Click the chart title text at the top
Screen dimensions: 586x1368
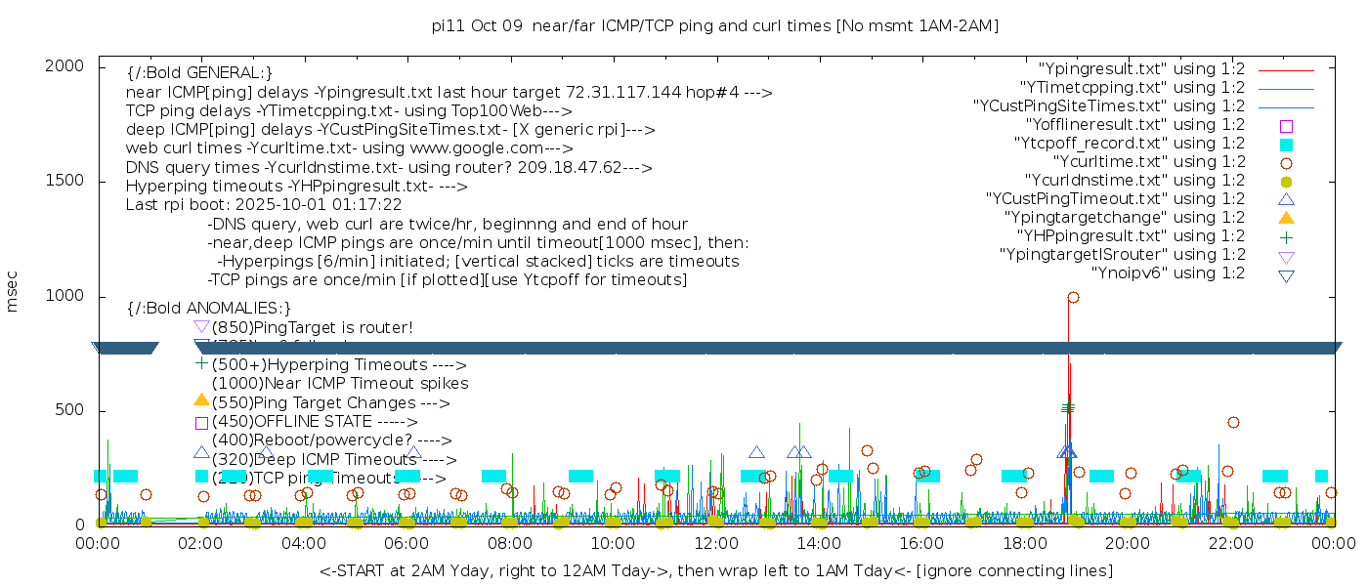click(714, 25)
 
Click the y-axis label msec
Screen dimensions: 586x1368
click(13, 293)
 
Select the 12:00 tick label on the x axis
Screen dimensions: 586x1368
click(716, 543)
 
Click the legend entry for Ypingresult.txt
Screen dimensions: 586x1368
click(1141, 69)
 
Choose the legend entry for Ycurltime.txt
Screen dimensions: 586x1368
click(1149, 162)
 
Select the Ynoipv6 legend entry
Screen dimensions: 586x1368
click(1168, 273)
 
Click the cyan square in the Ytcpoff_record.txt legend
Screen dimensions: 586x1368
click(1286, 145)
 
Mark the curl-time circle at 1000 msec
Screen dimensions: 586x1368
click(1073, 297)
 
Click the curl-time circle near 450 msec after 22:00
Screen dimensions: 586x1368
click(1233, 422)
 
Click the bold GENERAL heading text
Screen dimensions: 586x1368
click(199, 73)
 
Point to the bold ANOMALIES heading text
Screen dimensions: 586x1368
click(209, 308)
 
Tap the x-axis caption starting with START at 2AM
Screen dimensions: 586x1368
click(715, 570)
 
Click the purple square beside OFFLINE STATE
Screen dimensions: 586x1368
click(201, 423)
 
